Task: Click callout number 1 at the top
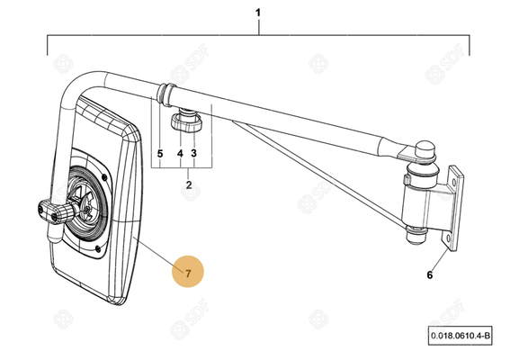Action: tap(258, 13)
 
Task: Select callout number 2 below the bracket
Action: tap(189, 185)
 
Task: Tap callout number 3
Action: tap(194, 153)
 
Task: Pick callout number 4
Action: tap(180, 153)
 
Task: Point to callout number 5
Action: tap(160, 153)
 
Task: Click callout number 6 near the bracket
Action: tap(430, 275)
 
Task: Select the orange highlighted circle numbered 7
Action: tap(188, 272)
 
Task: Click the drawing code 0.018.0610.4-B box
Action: tap(460, 336)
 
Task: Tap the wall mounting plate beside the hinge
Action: tap(452, 208)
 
